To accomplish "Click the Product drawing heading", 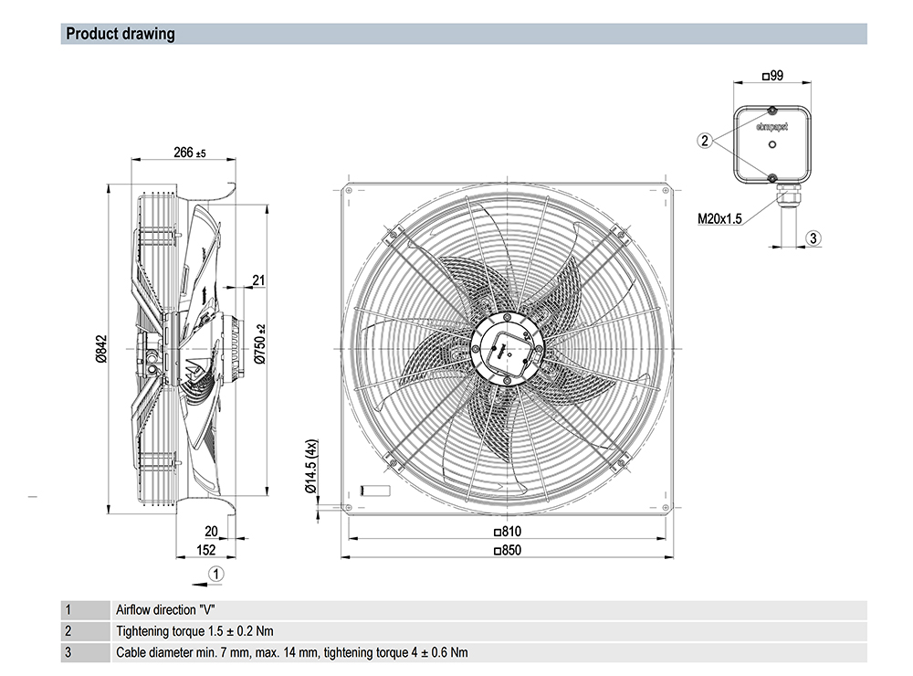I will (x=120, y=35).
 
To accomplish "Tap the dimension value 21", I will (x=258, y=280).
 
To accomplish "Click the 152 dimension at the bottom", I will (x=206, y=550).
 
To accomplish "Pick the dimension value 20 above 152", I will (x=211, y=532).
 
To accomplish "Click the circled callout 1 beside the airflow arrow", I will (x=216, y=574).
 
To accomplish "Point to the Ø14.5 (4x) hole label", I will (x=311, y=467).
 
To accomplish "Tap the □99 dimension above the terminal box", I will (x=771, y=76).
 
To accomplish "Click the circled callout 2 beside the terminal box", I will (x=704, y=141).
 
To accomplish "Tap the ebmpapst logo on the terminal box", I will (x=771, y=126).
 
